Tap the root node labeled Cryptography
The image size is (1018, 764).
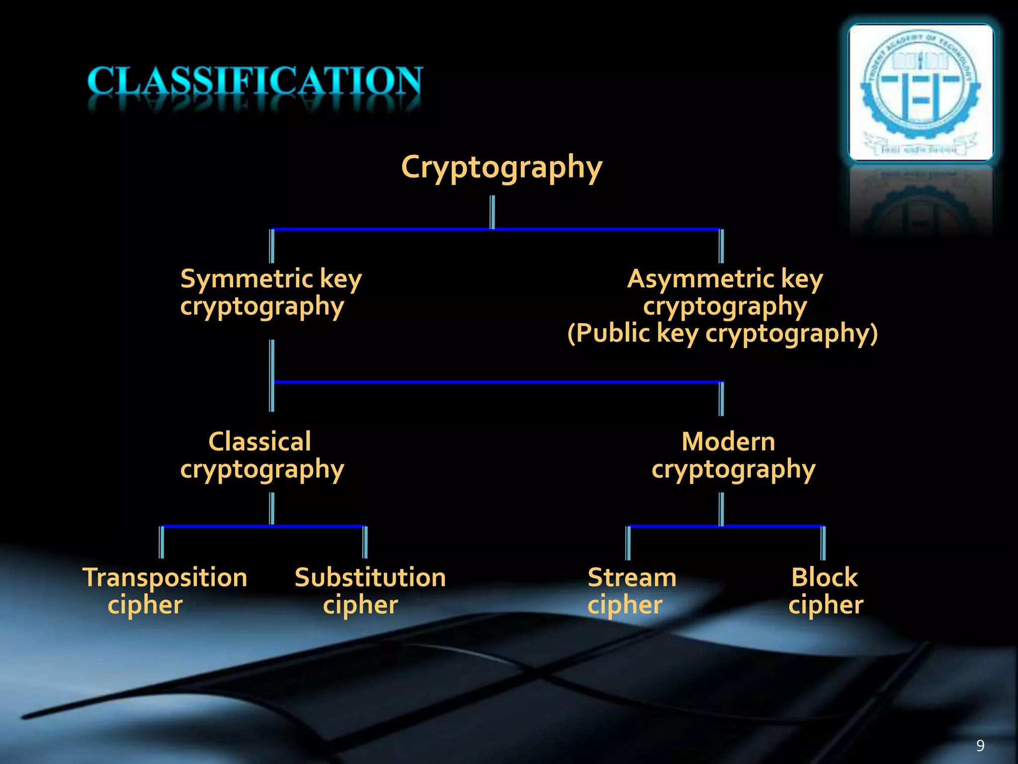tap(501, 167)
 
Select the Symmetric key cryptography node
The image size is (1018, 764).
tap(270, 292)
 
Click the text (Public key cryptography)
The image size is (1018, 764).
tap(722, 333)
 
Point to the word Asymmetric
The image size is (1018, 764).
tap(700, 279)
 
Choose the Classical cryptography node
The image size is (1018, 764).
tap(261, 455)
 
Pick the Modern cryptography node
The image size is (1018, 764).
tap(733, 455)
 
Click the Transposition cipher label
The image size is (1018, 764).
tap(165, 591)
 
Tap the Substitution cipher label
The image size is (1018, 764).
tap(370, 591)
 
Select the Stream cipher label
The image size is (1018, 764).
tap(631, 591)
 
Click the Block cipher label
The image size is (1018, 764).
tap(825, 591)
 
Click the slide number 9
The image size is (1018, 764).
tap(980, 745)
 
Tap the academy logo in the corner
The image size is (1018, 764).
tap(921, 93)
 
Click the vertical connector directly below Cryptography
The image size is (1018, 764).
tap(493, 212)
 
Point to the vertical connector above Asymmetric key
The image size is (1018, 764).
tap(721, 246)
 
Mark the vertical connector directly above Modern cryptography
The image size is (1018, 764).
tap(721, 398)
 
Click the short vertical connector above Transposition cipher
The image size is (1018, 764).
tap(162, 542)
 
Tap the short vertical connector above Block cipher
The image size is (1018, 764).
tap(823, 543)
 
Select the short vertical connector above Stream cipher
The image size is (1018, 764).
tap(628, 543)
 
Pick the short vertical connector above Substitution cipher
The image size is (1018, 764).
tap(365, 542)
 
